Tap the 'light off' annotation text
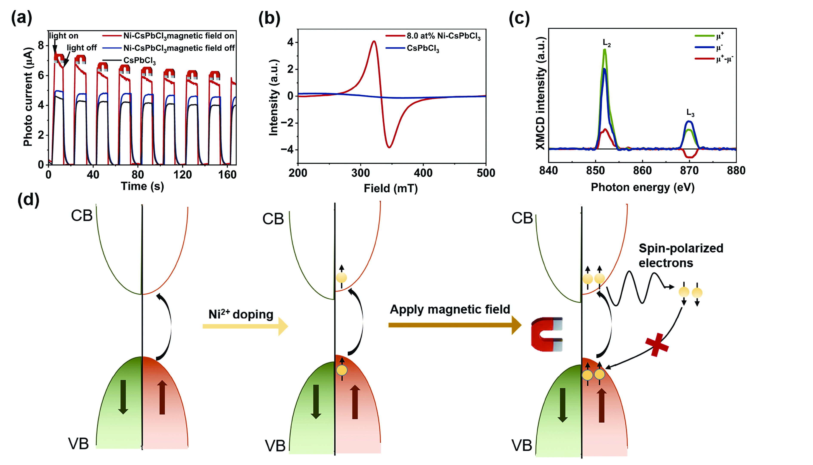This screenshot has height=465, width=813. click(82, 48)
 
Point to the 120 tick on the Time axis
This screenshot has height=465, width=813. click(183, 175)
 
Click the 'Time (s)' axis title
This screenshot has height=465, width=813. click(142, 186)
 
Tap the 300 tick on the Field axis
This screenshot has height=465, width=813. click(360, 173)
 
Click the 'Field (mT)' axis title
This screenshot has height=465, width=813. click(391, 188)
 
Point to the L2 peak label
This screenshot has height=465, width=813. click(607, 43)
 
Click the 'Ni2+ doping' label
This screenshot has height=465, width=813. click(241, 315)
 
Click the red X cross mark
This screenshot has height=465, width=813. click(657, 345)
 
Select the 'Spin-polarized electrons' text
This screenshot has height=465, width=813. click(681, 256)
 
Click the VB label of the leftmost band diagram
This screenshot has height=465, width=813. click(78, 444)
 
